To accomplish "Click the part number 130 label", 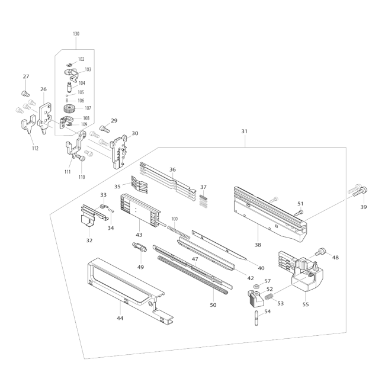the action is (x=76, y=34).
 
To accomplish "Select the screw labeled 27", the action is (x=25, y=94).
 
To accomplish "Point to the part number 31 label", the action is (x=244, y=131).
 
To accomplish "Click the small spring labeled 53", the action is (x=269, y=296).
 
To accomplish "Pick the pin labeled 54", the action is (x=256, y=317).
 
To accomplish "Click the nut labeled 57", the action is (x=256, y=286).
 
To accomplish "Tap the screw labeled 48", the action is (x=321, y=251).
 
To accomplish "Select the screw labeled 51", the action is (x=299, y=213).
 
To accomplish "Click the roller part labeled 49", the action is (x=139, y=246).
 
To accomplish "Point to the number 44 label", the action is (x=120, y=318).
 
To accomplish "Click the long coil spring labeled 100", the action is (x=179, y=232).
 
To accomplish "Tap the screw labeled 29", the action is (x=105, y=129).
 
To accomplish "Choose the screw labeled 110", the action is (x=81, y=158).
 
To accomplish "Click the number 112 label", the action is (x=35, y=148).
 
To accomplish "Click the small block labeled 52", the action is (x=255, y=298).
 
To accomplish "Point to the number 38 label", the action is (x=258, y=245).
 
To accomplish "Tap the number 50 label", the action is (x=213, y=305).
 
